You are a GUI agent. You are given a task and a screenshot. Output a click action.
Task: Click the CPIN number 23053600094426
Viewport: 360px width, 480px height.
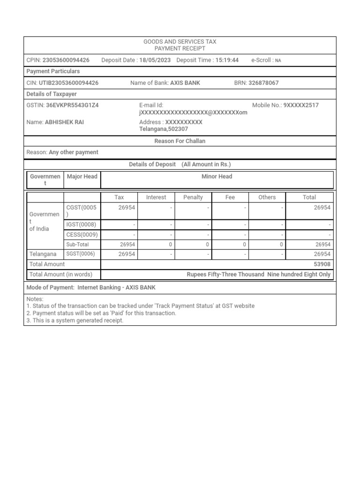pyautogui.click(x=66, y=60)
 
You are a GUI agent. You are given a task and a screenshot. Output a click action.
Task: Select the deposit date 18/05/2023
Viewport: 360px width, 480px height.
pyautogui.click(x=155, y=60)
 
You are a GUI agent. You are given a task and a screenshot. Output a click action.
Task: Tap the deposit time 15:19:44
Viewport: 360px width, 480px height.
pyautogui.click(x=227, y=60)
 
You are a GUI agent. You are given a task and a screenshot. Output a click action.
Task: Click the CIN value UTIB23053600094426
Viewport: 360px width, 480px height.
pyautogui.click(x=69, y=83)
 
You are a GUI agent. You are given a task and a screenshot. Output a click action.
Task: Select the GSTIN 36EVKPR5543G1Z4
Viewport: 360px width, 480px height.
pyautogui.click(x=72, y=105)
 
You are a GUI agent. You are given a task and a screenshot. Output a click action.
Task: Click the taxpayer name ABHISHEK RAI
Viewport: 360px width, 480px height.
pyautogui.click(x=65, y=122)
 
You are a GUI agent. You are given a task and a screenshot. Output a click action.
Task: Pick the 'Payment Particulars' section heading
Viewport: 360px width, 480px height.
pyautogui.click(x=53, y=71)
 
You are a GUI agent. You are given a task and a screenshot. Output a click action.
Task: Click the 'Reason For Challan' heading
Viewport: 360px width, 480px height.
pyautogui.click(x=180, y=141)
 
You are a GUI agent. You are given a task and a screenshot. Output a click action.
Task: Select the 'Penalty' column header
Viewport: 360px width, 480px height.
pyautogui.click(x=193, y=197)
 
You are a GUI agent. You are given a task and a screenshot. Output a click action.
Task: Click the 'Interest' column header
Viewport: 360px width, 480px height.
pyautogui.click(x=156, y=197)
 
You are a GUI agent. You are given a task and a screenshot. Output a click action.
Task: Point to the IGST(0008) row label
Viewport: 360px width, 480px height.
pyautogui.click(x=81, y=225)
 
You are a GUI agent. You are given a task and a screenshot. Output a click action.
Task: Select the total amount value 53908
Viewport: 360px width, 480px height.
pyautogui.click(x=322, y=264)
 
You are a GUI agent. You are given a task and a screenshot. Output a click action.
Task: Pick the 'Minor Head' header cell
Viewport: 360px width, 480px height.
pyautogui.click(x=217, y=177)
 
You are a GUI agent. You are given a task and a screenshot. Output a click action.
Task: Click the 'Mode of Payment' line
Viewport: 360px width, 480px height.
pyautogui.click(x=91, y=287)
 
